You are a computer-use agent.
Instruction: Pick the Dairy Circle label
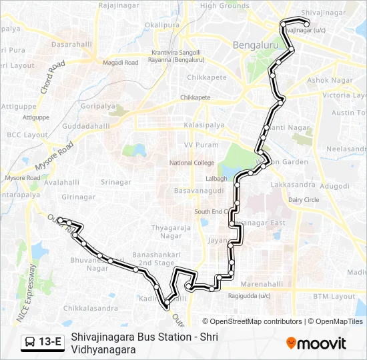(304, 199)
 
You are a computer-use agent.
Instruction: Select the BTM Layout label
(334, 296)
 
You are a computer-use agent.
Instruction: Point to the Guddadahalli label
(87, 125)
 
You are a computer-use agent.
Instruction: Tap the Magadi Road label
(120, 63)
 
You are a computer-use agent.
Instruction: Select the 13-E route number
(51, 343)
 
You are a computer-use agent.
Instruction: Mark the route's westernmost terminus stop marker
(60, 219)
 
